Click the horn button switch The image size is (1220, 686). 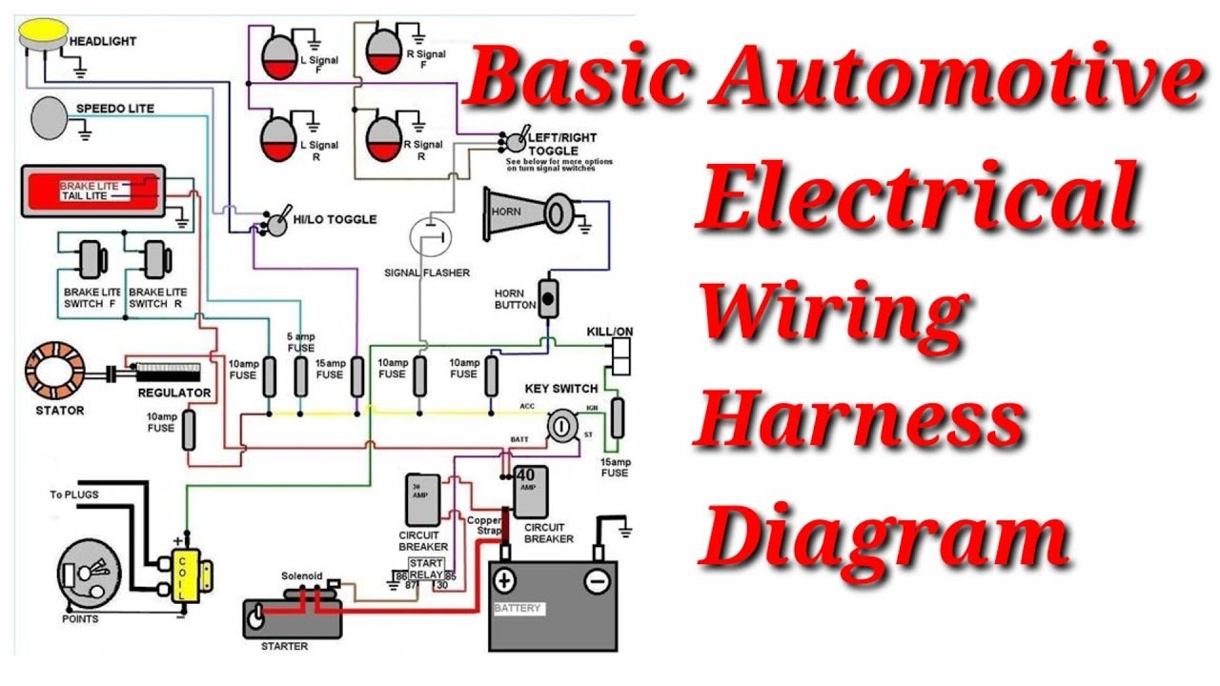click(x=548, y=298)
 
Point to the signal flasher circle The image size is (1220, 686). click(x=430, y=236)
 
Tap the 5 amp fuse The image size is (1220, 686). click(x=300, y=375)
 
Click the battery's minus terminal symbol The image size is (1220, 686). click(x=597, y=580)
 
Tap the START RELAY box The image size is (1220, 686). click(x=426, y=570)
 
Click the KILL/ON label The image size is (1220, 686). click(x=610, y=331)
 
